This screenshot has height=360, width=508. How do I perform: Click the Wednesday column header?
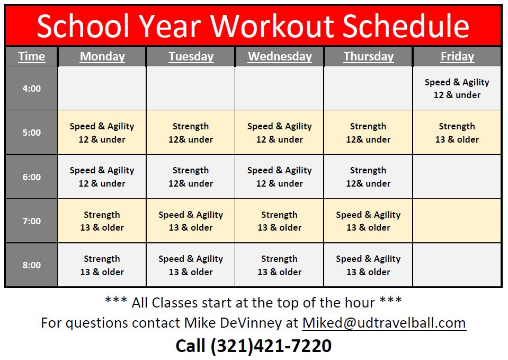tap(280, 56)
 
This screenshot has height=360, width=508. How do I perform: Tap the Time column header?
tap(31, 56)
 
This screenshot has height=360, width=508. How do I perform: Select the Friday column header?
tap(457, 56)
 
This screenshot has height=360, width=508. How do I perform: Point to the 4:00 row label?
tap(31, 88)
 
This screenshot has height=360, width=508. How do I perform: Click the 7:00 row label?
tap(31, 221)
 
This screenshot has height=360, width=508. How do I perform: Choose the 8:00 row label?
tap(31, 265)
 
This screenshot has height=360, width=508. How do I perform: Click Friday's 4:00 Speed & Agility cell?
tap(457, 88)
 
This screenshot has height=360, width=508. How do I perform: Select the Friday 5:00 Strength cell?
tap(457, 133)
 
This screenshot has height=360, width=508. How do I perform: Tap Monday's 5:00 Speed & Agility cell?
tap(102, 133)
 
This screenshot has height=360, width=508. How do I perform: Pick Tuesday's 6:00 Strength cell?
tap(191, 177)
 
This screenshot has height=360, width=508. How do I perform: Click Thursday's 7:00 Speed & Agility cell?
tap(368, 221)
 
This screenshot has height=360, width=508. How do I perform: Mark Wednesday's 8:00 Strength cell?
tap(280, 265)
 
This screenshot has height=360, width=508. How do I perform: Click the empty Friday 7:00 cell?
tap(457, 221)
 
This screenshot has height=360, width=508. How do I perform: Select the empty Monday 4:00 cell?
tap(102, 88)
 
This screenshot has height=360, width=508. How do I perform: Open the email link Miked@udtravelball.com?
tap(384, 323)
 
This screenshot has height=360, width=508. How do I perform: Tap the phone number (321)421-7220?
tap(271, 346)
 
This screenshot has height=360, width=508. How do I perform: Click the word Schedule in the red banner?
tap(406, 26)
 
